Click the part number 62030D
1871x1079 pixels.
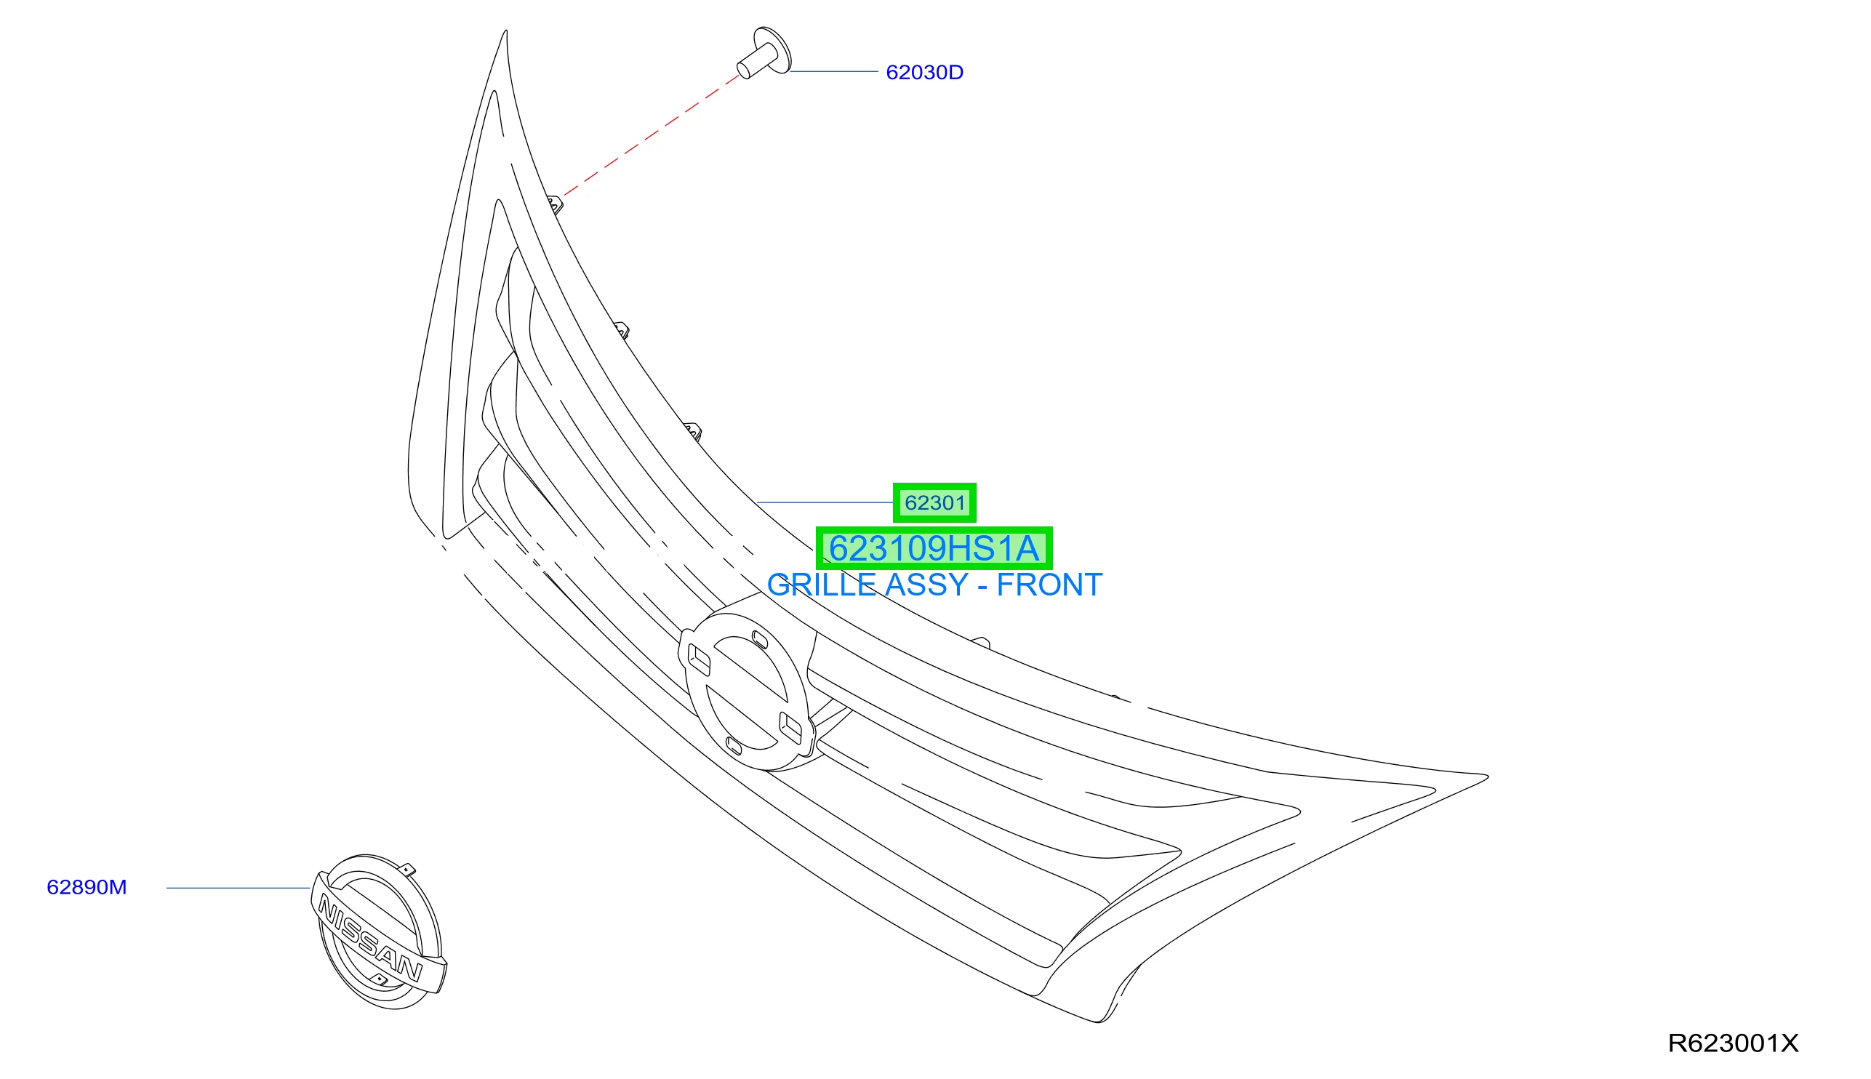click(x=924, y=72)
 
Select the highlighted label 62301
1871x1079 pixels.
click(x=934, y=502)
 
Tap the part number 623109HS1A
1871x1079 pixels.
click(x=934, y=548)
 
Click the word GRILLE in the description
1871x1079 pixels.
click(x=822, y=585)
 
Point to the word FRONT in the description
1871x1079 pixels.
click(x=1049, y=585)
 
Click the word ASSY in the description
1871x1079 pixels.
click(x=926, y=585)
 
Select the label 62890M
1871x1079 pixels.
click(x=87, y=887)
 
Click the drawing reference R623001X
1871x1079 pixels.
click(x=1733, y=1043)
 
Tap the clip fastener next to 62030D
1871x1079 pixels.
click(x=764, y=52)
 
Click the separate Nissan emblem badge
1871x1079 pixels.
click(x=379, y=931)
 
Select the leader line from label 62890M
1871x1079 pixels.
click(x=238, y=888)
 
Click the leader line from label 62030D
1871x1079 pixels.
click(x=833, y=72)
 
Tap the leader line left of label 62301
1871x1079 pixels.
click(x=825, y=502)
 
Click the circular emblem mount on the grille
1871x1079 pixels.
click(x=747, y=691)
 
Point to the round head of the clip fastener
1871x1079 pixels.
click(x=773, y=50)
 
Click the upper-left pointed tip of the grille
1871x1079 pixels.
click(x=506, y=31)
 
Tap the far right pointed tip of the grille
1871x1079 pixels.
click(x=1487, y=777)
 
